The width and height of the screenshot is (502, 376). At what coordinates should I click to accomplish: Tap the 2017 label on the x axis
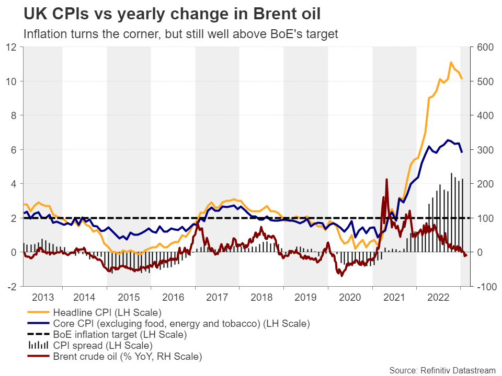218,298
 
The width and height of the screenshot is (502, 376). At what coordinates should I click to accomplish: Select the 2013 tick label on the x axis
42,298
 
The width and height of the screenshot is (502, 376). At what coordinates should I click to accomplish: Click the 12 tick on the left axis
13,47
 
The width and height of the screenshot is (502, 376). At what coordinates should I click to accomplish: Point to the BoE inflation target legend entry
120,334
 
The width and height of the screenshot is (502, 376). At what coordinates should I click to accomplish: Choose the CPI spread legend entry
102,345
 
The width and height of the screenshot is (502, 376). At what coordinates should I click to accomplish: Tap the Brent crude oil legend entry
127,357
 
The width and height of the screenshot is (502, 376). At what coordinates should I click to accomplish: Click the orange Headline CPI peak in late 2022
451,62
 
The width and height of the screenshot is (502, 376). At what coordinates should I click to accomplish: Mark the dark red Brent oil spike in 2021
386,179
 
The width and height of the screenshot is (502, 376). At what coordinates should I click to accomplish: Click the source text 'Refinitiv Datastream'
442,370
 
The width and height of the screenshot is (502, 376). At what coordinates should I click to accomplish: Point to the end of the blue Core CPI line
461,152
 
